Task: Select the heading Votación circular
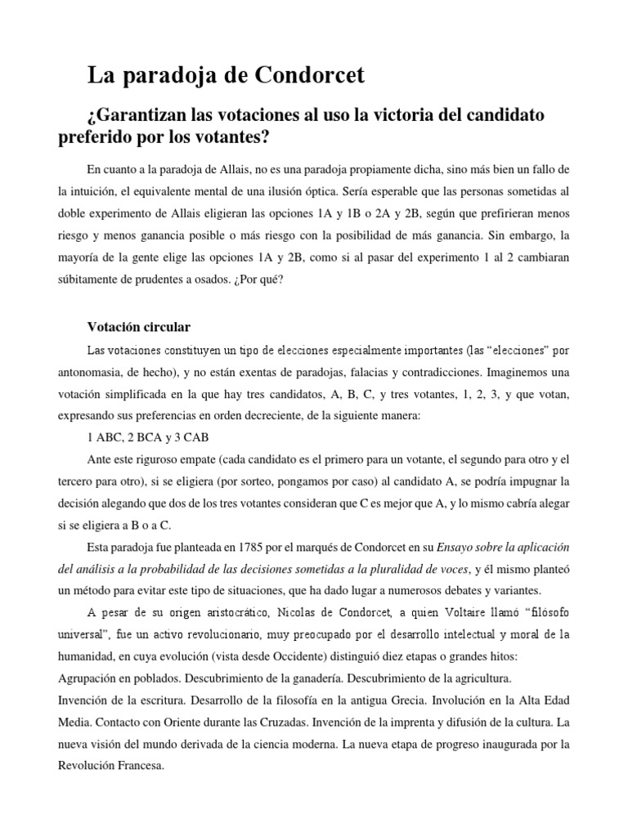[x=138, y=327]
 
